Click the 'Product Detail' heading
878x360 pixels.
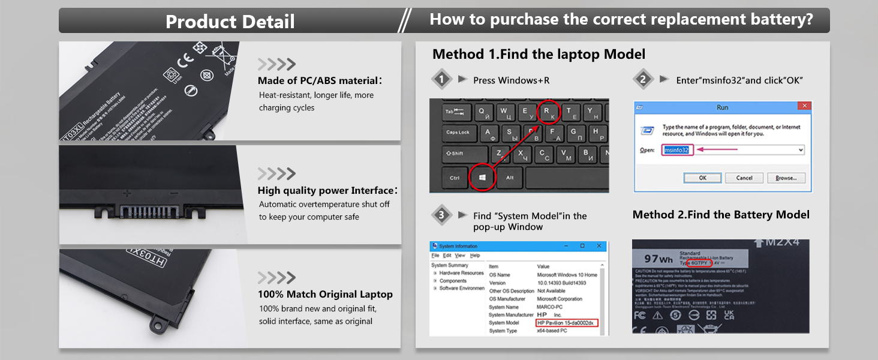pos(230,22)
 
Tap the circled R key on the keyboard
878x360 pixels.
pos(547,112)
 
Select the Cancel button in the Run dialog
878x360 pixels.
pos(744,178)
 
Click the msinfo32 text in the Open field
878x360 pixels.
pos(677,149)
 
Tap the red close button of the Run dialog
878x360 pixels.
pos(804,106)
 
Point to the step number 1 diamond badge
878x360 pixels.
pos(442,79)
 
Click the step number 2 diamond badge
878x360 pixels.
pos(643,79)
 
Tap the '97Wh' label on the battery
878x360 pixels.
pos(658,259)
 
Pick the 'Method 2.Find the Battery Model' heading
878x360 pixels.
pos(721,215)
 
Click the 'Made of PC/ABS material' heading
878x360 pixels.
pos(319,80)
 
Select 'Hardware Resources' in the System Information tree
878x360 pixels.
pos(461,273)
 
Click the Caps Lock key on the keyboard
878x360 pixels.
pos(457,133)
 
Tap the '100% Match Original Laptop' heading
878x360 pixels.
pos(325,295)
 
